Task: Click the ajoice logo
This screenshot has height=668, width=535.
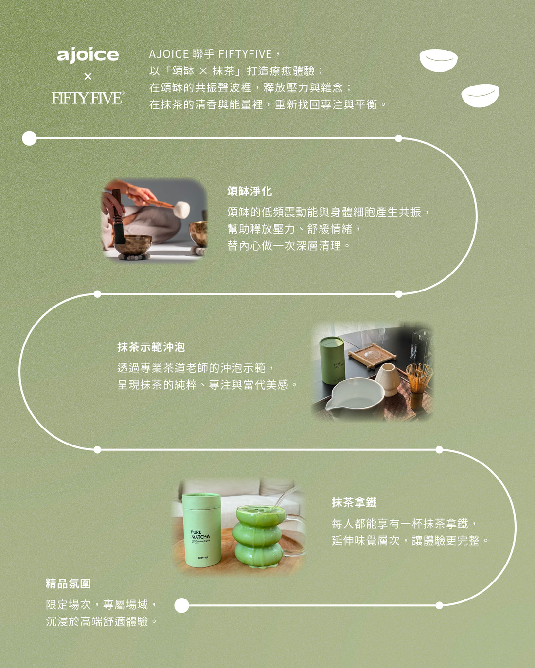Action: (x=88, y=55)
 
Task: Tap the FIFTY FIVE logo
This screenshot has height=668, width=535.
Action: (x=88, y=98)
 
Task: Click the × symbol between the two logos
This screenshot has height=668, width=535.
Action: (x=88, y=76)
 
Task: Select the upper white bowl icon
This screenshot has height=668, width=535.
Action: (x=438, y=60)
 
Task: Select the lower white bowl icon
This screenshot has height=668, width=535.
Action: (x=481, y=95)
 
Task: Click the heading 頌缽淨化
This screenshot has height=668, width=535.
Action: (x=250, y=191)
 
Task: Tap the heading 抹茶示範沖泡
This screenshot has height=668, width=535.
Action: (x=151, y=347)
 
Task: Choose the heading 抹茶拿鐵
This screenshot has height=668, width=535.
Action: (x=354, y=502)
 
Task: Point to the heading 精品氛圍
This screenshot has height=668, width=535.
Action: (x=68, y=583)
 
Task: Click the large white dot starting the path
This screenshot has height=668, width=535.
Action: (x=30, y=138)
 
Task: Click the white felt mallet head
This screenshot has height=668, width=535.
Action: (x=181, y=209)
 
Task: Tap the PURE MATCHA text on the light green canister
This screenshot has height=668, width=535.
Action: (x=200, y=534)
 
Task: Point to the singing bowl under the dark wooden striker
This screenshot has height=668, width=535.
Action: (x=133, y=244)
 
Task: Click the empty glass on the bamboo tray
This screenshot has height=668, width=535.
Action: (x=373, y=342)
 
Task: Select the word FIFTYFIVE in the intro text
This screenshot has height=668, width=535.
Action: (x=245, y=54)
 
